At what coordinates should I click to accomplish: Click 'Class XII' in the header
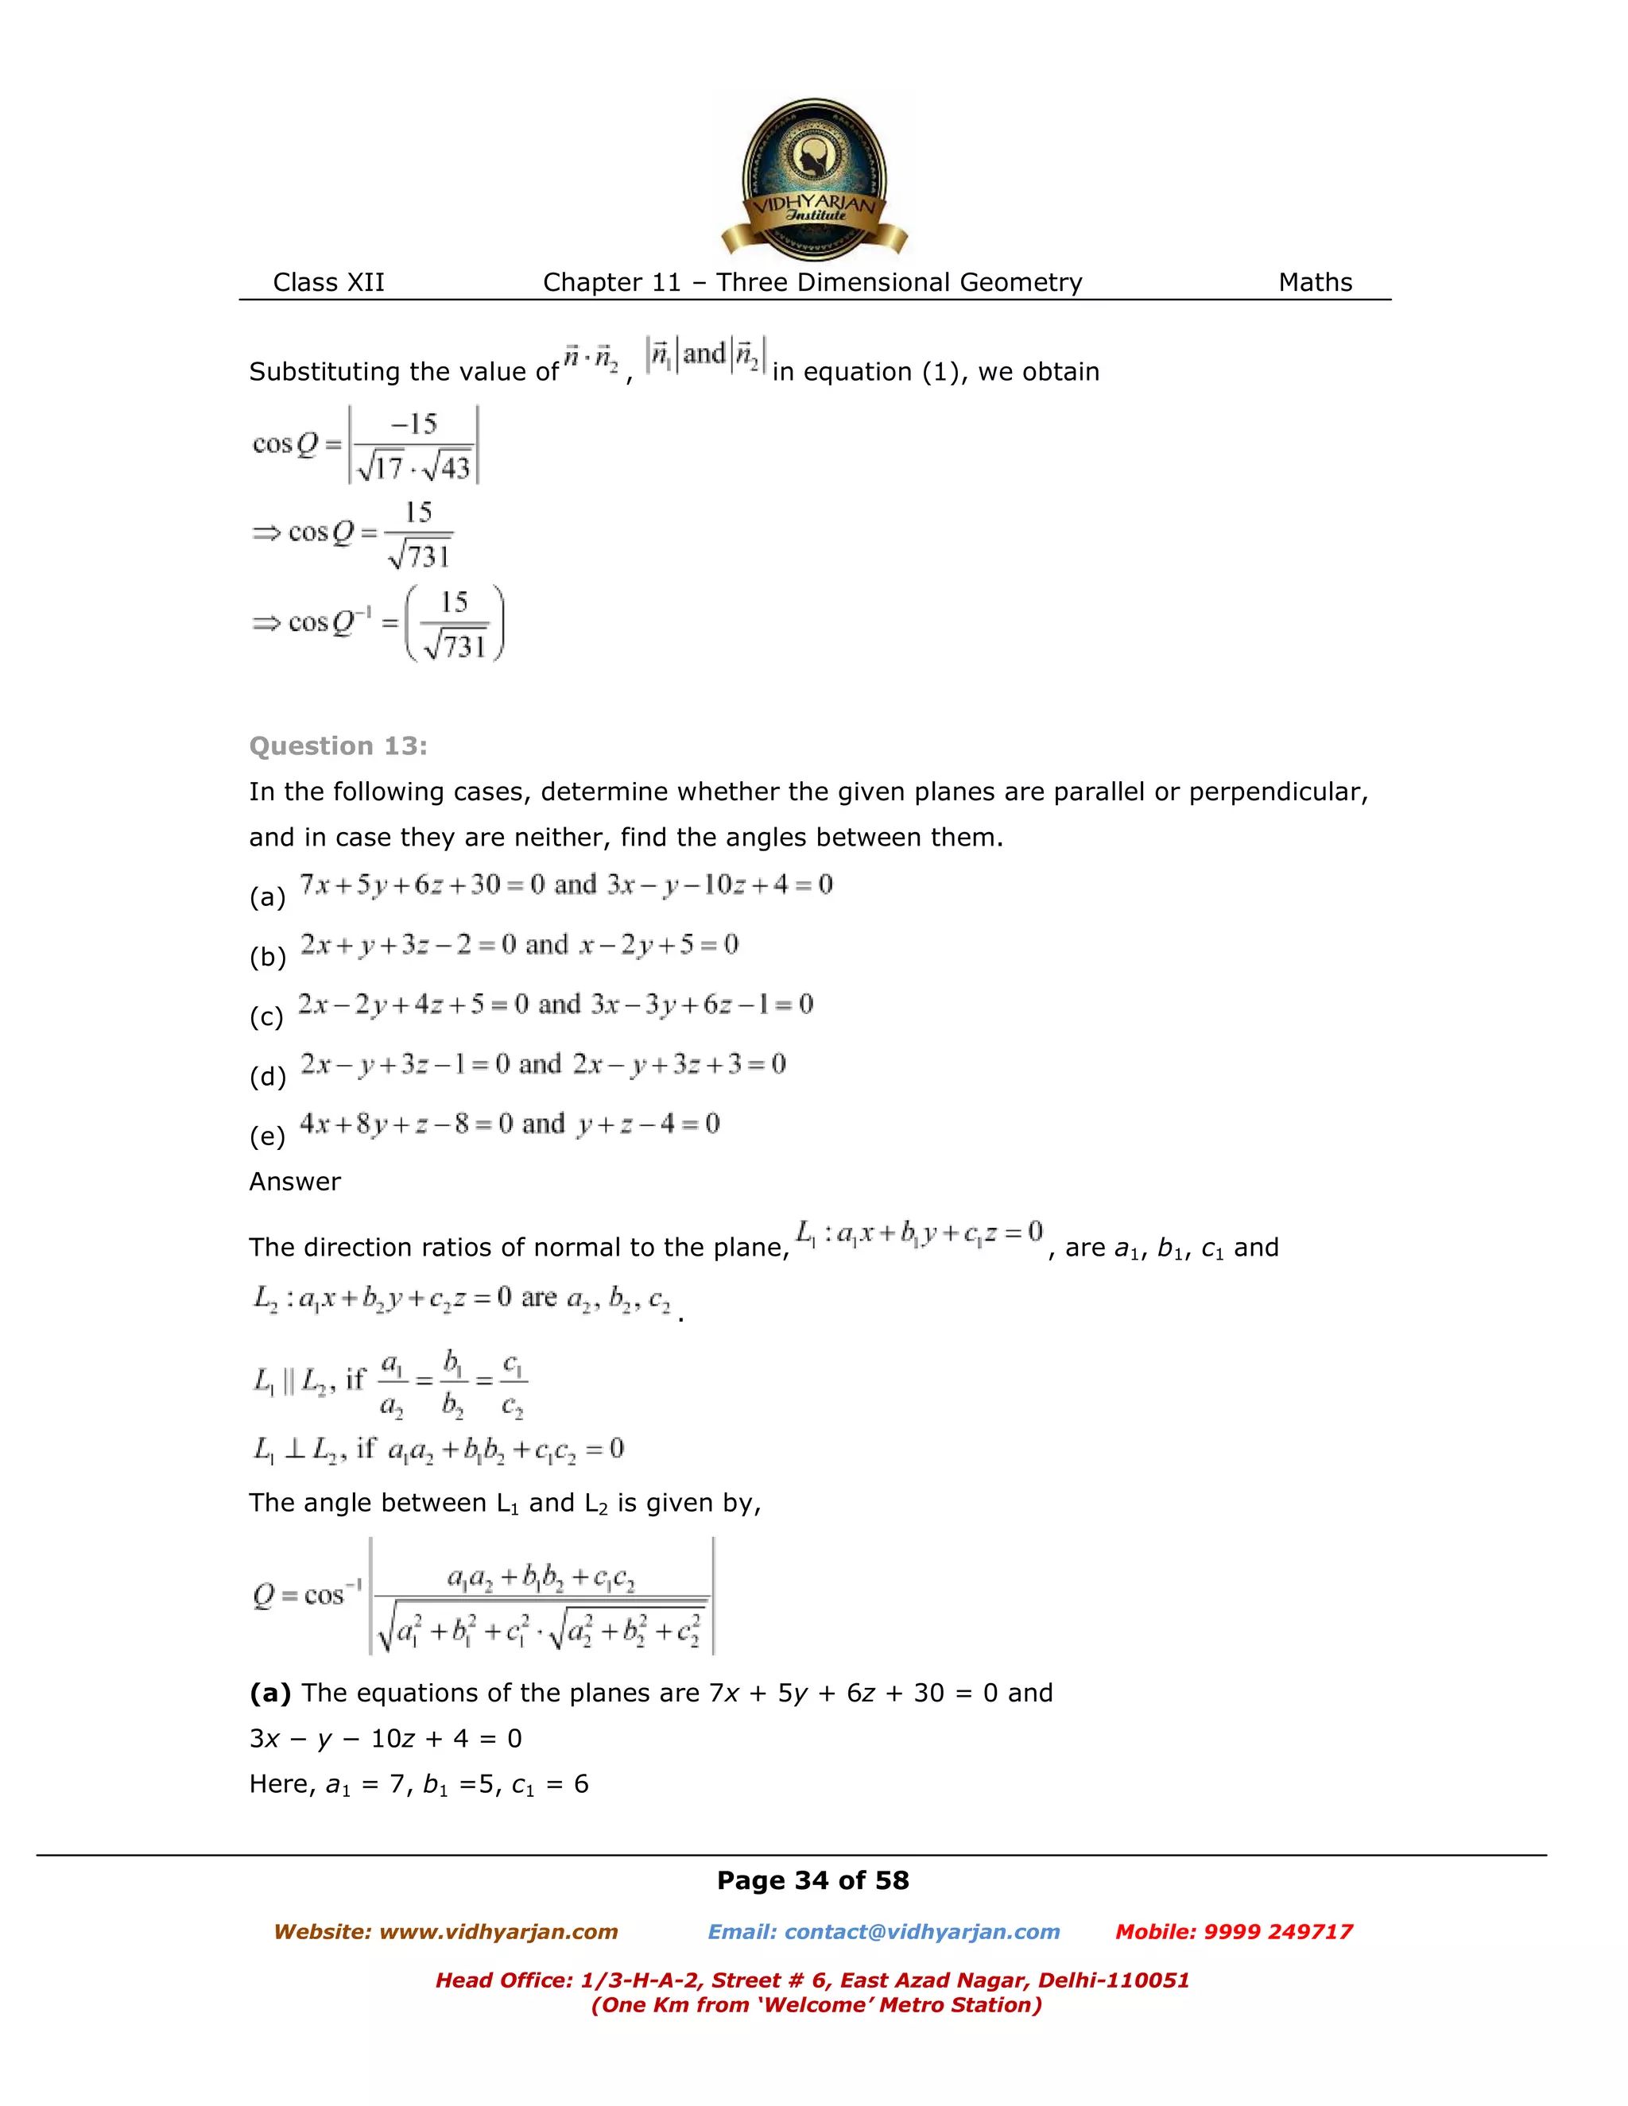click(328, 283)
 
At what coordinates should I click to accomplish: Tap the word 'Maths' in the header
click(1315, 283)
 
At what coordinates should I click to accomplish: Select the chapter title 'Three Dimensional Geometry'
click(899, 283)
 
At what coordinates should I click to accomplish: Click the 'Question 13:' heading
click(338, 745)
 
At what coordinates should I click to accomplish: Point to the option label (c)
click(266, 1016)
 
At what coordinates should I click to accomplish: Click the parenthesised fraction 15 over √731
click(454, 624)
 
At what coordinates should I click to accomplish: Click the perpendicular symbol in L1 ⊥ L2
click(295, 1448)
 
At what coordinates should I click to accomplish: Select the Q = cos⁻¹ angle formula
click(483, 1597)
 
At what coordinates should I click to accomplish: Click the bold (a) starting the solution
click(270, 1694)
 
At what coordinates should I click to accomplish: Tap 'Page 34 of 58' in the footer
click(812, 1880)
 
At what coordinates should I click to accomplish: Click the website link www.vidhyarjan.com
click(498, 1931)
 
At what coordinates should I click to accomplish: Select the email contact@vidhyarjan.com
click(921, 1931)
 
